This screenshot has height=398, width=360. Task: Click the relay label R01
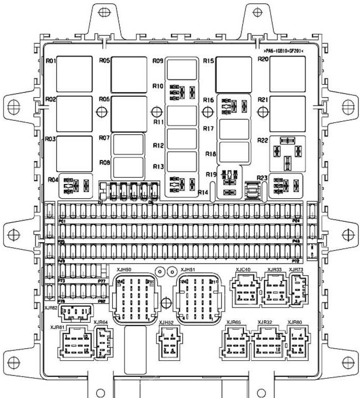tap(51, 61)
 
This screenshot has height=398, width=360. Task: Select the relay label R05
tap(104, 61)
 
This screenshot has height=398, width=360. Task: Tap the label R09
tap(158, 61)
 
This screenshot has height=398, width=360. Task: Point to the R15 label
tap(209, 61)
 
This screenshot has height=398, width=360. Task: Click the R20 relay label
tap(263, 60)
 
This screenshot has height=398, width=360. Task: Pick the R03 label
tap(51, 140)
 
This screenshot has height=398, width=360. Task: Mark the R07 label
tap(104, 139)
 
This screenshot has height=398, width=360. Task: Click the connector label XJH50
tap(123, 270)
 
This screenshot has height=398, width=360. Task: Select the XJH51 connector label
tap(188, 270)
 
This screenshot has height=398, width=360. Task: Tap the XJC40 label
tap(243, 270)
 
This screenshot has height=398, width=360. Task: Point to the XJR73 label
tap(296, 270)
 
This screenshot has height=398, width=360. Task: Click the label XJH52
tap(166, 323)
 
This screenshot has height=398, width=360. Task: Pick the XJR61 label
tap(57, 327)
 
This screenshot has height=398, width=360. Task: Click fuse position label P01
tap(62, 222)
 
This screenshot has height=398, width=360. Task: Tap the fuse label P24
tap(296, 221)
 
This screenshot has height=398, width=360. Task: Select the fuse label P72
tap(296, 260)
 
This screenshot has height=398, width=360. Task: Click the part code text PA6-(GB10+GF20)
tap(284, 50)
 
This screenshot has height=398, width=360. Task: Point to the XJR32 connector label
tap(265, 322)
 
